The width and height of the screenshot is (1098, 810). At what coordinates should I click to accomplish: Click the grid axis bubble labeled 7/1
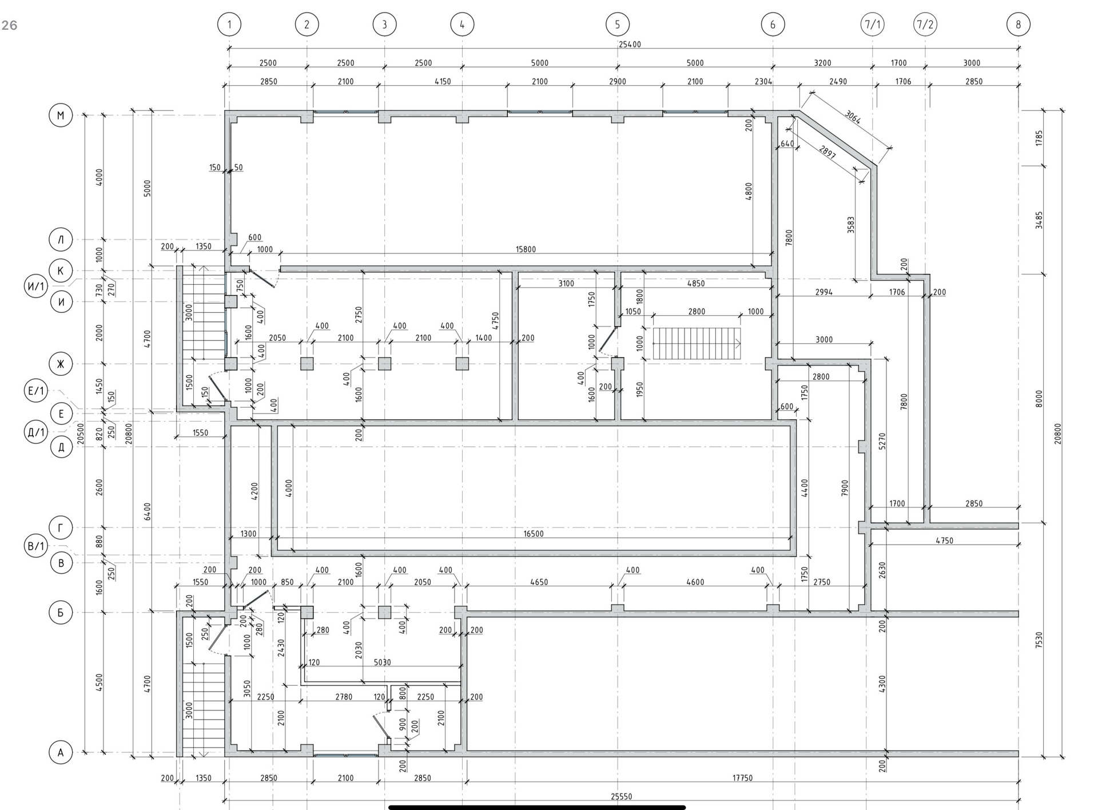point(872,25)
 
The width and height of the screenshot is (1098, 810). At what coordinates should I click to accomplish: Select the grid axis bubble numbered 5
point(618,25)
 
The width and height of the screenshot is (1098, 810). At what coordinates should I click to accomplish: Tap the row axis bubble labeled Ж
point(61,364)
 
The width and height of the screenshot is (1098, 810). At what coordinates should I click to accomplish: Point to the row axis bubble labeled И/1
point(36,285)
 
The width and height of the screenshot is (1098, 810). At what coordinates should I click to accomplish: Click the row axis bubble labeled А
point(61,753)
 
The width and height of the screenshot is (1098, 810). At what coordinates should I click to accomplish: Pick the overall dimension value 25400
point(629,44)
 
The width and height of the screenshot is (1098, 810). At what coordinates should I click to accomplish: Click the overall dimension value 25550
point(621,796)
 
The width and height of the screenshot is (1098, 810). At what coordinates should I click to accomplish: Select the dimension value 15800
point(526,249)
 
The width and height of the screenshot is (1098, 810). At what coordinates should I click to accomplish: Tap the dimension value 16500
point(533,534)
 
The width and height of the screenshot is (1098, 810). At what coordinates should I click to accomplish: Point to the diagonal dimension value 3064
point(852,117)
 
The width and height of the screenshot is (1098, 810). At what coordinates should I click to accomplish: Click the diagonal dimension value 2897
point(827,152)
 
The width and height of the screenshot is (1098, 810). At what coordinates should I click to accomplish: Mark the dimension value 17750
point(742,778)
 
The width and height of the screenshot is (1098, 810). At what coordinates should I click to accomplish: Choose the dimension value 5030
point(382,662)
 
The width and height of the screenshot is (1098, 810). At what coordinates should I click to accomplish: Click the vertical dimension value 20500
point(81,434)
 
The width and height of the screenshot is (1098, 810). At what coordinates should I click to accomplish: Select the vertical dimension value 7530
point(1039,640)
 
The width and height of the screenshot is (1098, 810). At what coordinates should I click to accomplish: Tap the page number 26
point(10,25)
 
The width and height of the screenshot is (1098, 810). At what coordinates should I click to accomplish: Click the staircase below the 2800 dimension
point(697,344)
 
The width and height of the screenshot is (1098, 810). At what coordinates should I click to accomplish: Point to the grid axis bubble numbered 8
point(1018,25)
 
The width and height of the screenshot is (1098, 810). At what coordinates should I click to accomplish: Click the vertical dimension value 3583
point(851,224)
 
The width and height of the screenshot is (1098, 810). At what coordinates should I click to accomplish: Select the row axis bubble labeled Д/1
point(36,432)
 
